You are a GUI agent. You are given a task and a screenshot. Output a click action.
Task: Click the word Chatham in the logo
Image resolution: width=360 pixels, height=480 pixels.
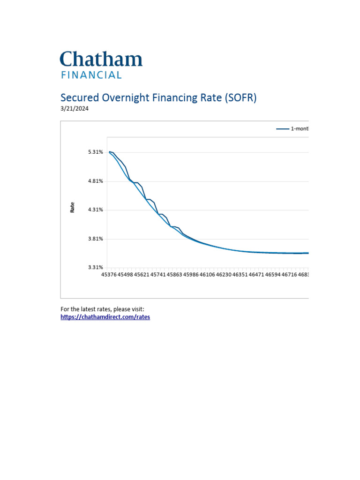(x=101, y=60)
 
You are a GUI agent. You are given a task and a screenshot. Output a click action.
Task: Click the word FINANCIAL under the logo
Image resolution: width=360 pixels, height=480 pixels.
(x=91, y=75)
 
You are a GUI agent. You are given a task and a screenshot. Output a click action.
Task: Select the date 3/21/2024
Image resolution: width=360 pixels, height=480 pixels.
(x=75, y=109)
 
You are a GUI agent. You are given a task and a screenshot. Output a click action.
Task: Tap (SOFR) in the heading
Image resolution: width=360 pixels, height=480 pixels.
(x=240, y=97)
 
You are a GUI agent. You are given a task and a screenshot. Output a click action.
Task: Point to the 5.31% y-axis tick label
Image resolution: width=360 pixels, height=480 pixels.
(x=95, y=152)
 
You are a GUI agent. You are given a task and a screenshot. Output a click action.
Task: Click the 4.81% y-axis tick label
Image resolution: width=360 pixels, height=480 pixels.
(x=95, y=181)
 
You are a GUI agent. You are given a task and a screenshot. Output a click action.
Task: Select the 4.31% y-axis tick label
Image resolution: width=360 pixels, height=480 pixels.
(x=95, y=210)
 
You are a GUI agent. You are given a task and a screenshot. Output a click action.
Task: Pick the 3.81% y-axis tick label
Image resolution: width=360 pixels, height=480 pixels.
(x=95, y=239)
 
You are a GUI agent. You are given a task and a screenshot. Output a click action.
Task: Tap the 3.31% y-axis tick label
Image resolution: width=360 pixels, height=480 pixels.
(x=95, y=267)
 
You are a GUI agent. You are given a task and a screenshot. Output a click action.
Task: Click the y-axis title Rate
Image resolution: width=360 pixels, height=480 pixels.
(x=72, y=208)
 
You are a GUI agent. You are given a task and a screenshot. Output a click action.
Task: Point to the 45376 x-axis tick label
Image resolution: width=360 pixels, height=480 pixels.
(x=109, y=275)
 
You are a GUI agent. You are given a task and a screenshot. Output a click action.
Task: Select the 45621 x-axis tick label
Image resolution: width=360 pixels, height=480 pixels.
(x=142, y=275)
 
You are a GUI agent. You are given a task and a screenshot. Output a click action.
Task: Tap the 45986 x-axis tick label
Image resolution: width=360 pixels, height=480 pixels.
(x=191, y=275)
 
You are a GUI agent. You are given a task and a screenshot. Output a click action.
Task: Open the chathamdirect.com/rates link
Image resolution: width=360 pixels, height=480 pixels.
(x=105, y=317)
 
